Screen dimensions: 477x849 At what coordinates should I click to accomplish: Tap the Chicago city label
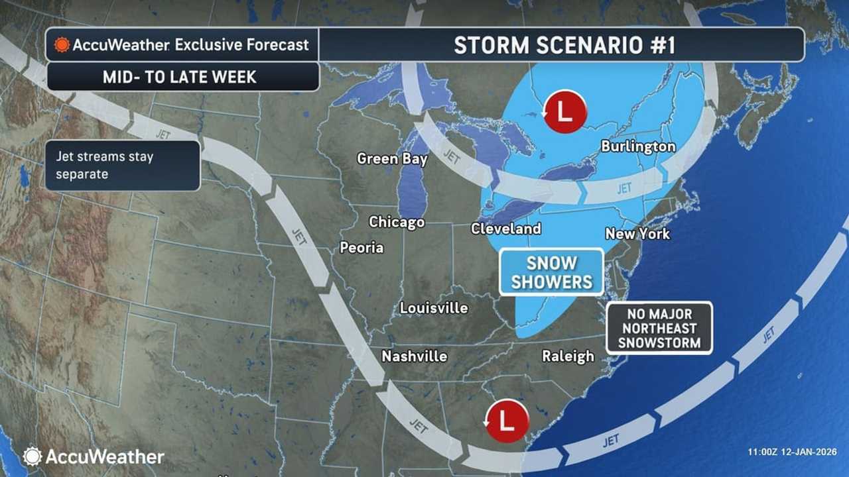coord(397,222)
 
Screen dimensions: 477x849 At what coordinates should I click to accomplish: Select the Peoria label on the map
coord(361,248)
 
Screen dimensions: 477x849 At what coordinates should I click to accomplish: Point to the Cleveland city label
coord(505,229)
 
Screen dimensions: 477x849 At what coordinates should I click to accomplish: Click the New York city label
coord(637,234)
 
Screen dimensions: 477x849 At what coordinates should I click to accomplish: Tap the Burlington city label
coord(638,147)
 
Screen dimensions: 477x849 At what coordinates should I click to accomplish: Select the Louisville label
coord(434,308)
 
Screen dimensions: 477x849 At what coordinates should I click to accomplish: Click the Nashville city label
coord(414,356)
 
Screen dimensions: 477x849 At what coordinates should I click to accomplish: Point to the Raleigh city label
coord(568,356)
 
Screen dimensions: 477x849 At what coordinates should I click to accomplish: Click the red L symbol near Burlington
coord(564,111)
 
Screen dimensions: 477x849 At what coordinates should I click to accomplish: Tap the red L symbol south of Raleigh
coord(507,420)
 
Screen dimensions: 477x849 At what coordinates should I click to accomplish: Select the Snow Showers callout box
coord(551,272)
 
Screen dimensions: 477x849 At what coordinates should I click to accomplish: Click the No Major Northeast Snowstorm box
coord(659,328)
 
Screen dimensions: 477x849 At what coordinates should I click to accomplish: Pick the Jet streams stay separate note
coord(123,166)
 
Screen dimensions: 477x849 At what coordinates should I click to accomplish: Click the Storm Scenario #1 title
coord(564,45)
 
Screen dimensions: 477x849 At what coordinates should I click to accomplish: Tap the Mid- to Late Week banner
coord(179,77)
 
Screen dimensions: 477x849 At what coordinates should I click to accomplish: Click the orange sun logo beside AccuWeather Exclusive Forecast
coord(62,45)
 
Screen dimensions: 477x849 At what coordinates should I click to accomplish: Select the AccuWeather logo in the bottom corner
coord(94,456)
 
